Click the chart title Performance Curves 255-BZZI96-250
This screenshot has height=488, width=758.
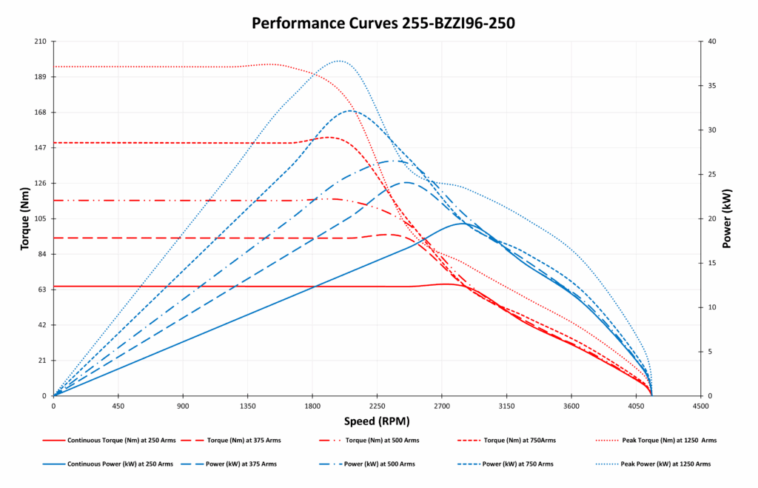pos(383,23)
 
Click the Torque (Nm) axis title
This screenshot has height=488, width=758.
pos(24,218)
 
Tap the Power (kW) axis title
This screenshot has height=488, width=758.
pos(727,218)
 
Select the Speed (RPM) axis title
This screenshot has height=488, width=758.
pos(377,421)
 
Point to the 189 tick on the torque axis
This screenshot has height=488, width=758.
pos(41,77)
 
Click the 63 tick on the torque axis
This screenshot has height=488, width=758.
pos(41,290)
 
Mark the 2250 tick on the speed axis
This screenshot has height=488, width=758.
pos(377,406)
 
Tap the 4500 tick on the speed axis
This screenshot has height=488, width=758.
pos(700,406)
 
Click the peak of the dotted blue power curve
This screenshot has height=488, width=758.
pos(339,61)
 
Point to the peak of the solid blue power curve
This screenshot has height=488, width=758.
pos(463,223)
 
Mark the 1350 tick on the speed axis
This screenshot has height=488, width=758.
pos(248,406)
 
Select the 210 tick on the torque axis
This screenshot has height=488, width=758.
pos(41,41)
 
